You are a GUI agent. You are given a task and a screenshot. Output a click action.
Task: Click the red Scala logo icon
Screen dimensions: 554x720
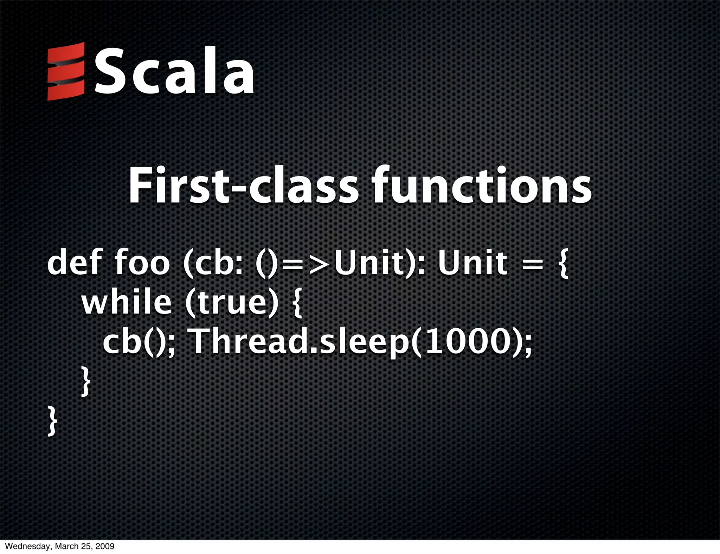tap(66, 71)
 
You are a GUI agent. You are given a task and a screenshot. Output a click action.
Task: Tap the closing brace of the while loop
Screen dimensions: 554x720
tap(85, 381)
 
